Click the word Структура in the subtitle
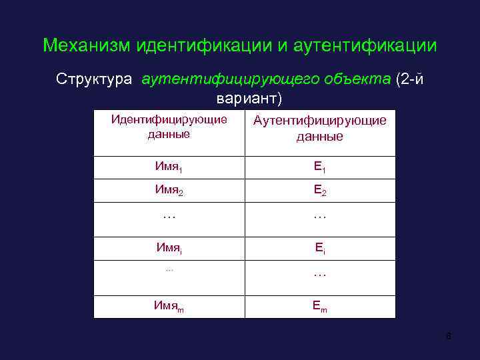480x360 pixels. coord(95,79)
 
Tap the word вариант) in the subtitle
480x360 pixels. coord(249,98)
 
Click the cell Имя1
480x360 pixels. coord(169,167)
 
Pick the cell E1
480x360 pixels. coord(319,167)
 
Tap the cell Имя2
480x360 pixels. coord(169,190)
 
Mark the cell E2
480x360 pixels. coord(319,191)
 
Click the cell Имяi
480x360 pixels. coord(169,248)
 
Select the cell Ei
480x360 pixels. coord(319,249)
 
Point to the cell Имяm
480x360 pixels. coord(169,306)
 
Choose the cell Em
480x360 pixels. coord(319,306)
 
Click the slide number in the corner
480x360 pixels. coord(449,335)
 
